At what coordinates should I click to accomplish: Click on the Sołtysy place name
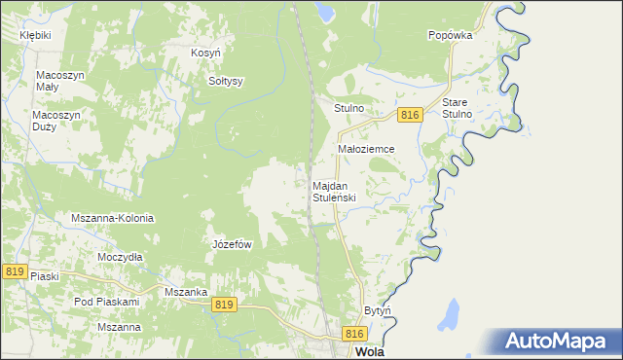226,81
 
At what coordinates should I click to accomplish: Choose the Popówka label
450,34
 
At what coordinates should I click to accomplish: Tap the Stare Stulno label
457,108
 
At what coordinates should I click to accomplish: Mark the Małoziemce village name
365,149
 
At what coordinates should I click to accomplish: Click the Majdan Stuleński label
334,191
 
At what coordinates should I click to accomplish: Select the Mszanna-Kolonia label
113,218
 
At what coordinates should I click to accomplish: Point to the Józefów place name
233,244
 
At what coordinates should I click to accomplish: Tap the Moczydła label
121,257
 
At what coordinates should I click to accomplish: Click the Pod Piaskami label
107,302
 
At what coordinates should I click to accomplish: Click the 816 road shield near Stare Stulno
409,115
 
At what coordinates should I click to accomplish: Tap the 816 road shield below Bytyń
354,334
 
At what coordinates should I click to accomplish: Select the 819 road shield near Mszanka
224,305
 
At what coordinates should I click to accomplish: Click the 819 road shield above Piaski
14,271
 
